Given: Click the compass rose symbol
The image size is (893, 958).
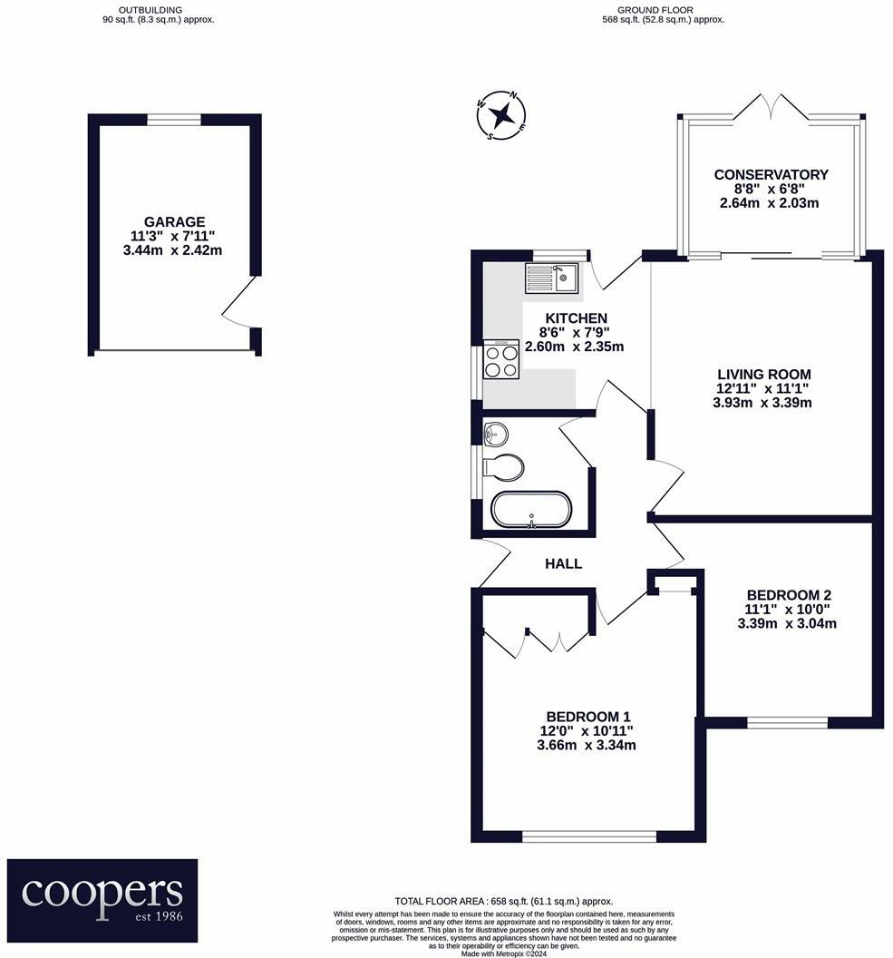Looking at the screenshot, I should pos(501,116).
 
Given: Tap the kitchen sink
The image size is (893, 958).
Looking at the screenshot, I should pos(551,277).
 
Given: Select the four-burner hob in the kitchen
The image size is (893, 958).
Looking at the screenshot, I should pos(501,359).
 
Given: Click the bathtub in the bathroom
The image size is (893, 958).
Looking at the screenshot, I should pos(531,509).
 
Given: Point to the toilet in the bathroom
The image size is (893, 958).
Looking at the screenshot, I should pos(503,467).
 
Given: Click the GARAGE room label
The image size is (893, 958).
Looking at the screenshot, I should pos(174,221).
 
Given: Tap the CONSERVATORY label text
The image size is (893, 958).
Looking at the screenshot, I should pos(771,174).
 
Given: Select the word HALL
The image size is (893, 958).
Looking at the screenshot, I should pos(563,563).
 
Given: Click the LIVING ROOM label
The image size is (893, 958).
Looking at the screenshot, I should pos(763,374).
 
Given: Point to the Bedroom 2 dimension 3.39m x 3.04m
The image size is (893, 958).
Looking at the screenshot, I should pos(786,623).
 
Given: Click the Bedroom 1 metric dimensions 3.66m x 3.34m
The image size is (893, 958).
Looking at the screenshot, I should pos(586,746).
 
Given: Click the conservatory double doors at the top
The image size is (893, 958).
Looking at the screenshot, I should pos(769,108).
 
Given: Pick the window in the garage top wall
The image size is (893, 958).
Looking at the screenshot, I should pos(174,119).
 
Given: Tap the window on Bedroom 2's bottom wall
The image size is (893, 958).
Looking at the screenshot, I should pos(787,722).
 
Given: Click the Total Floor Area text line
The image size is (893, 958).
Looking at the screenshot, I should pos(503,901).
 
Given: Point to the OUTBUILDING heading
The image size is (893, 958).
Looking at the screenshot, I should pos(160,9).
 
